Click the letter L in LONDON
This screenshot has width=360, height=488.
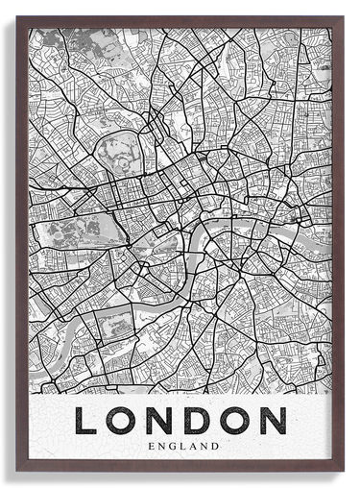point(87,421)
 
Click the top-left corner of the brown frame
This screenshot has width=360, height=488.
point(18,18)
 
